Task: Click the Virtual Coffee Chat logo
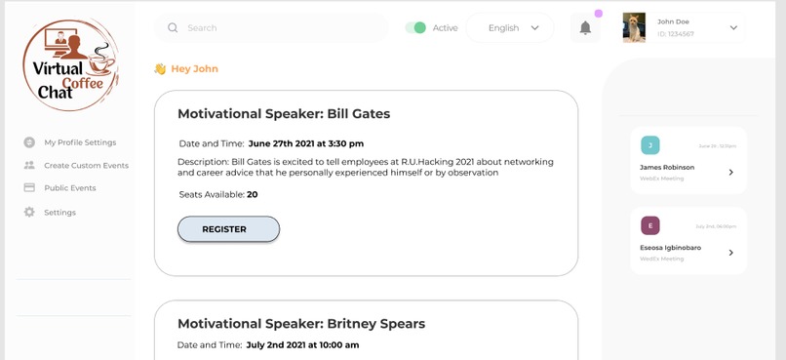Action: click(70, 65)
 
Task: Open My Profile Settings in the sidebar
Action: click(80, 142)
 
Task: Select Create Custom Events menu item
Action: click(86, 166)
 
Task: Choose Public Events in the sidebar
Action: click(69, 188)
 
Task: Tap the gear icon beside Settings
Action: click(29, 212)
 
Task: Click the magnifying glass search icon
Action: click(174, 28)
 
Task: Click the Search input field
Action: click(278, 28)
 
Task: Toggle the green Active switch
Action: click(415, 28)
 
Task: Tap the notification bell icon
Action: click(585, 28)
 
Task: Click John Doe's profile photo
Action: click(634, 28)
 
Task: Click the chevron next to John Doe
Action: click(733, 28)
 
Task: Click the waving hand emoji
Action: click(160, 69)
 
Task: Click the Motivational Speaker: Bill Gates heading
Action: click(284, 114)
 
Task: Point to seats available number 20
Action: click(253, 195)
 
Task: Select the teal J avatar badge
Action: click(649, 145)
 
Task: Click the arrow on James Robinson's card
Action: click(730, 173)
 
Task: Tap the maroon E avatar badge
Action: click(649, 225)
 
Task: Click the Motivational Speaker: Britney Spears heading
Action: click(301, 324)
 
